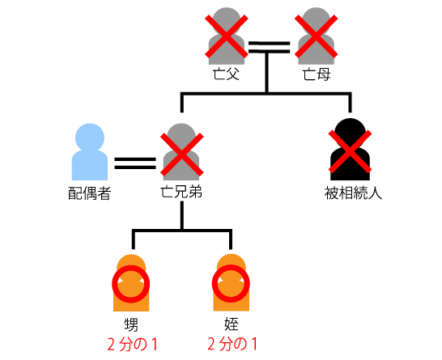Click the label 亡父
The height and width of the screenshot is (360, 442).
point(226,74)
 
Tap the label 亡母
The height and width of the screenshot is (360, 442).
point(317,74)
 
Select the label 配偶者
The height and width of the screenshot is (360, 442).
point(89,193)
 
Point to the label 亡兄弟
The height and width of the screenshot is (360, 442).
point(181,192)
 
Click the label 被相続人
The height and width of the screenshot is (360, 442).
point(353,193)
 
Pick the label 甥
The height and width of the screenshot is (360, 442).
point(131,324)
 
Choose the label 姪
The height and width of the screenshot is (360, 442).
point(232,324)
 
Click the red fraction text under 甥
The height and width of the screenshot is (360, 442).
point(132,345)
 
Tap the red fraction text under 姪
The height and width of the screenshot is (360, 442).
point(232,344)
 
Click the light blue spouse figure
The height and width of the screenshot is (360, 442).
point(90,152)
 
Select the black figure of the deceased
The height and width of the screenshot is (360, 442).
point(350,150)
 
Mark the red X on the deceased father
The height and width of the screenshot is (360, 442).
point(227,36)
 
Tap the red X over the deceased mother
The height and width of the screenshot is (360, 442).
point(316,36)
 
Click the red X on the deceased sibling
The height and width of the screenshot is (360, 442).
point(182,155)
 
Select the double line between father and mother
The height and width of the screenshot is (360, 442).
point(270,47)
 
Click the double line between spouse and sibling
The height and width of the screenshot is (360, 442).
point(135,163)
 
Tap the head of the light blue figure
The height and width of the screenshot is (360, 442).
point(90,138)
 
